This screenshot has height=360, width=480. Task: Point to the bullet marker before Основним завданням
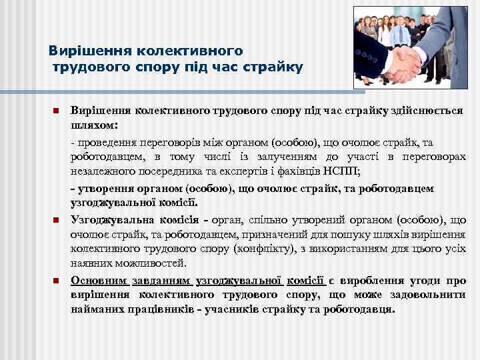coord(57,281)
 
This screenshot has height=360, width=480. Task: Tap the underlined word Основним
coord(97,281)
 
